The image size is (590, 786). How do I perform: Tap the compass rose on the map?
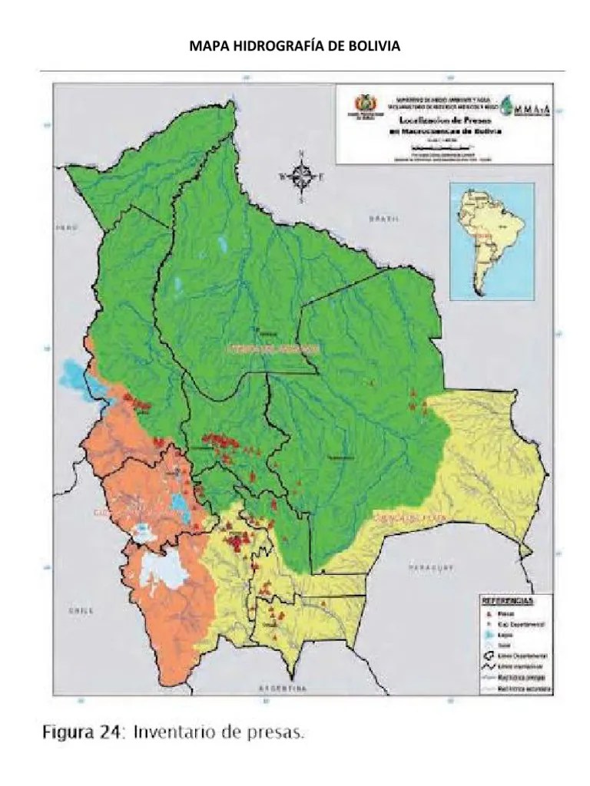point(301,176)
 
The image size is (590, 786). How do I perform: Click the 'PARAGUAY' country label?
point(427,567)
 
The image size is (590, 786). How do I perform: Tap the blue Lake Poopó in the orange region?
point(182,506)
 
